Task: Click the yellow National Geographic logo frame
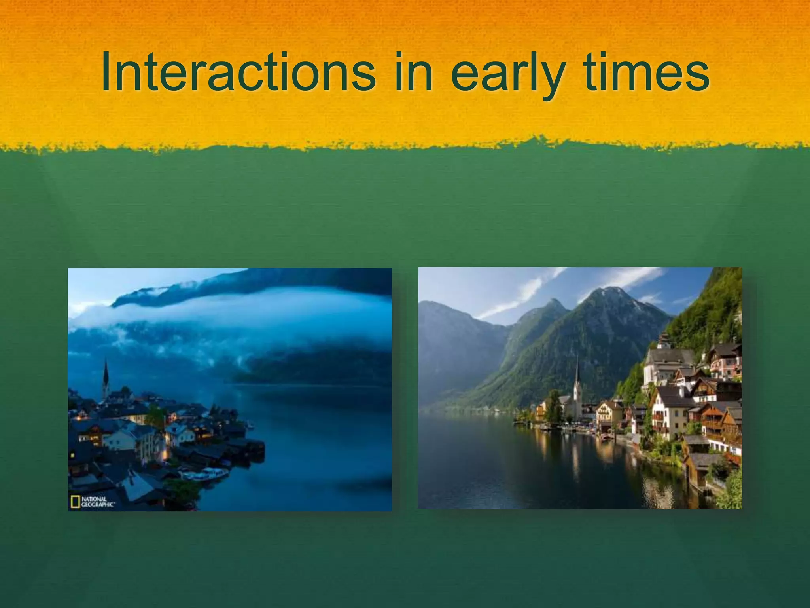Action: point(75,502)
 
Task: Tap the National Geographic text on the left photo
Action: point(97,502)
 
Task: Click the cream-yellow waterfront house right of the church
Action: point(609,412)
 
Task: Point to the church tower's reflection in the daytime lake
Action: point(575,455)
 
